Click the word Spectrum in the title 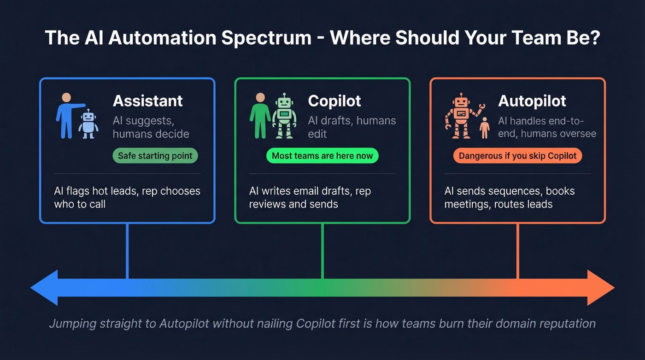[x=266, y=38]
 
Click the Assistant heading [x=147, y=101]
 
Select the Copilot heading [x=334, y=101]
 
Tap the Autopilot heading [x=532, y=101]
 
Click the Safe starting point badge [x=155, y=156]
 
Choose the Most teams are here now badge [x=322, y=156]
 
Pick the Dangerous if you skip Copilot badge [x=517, y=156]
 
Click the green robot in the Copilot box [x=284, y=116]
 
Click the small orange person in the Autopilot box [x=484, y=127]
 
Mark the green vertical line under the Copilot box [x=322, y=251]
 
